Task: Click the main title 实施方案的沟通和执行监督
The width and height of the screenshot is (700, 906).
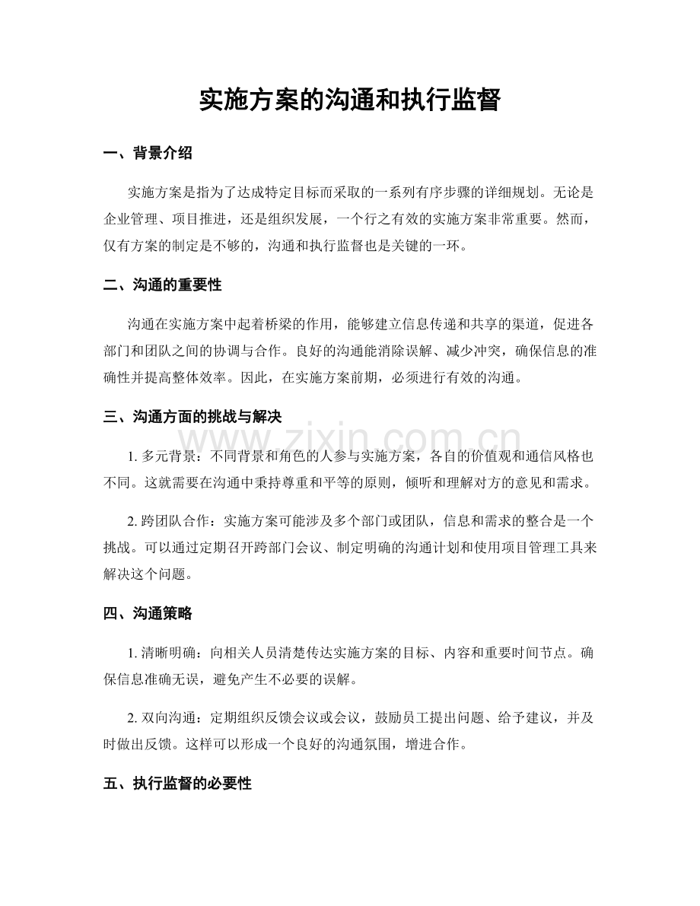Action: click(349, 100)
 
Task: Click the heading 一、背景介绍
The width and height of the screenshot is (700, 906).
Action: click(148, 154)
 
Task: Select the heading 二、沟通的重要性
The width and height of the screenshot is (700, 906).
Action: click(162, 285)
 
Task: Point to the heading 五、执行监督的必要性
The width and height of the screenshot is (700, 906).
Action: click(177, 784)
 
